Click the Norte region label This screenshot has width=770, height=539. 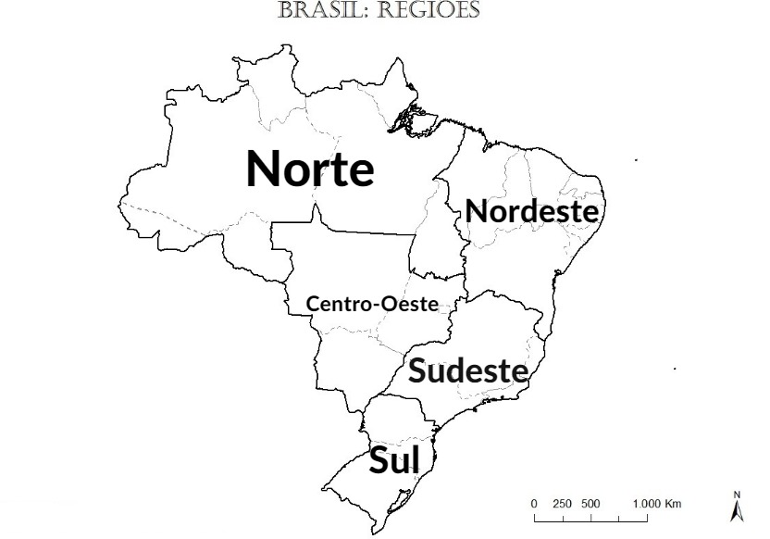[x=310, y=169]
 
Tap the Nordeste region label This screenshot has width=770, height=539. [x=532, y=211]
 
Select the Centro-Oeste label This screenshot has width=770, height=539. [x=372, y=304]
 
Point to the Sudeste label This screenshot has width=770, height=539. [x=468, y=371]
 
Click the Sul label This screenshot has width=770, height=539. [x=394, y=460]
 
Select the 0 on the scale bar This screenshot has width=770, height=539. [x=534, y=504]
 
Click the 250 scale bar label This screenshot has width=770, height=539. [x=562, y=504]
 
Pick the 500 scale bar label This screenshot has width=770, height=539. [x=590, y=504]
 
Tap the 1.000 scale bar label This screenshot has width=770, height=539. [x=645, y=504]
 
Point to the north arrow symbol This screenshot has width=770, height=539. [x=737, y=509]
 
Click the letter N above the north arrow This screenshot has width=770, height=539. [x=737, y=495]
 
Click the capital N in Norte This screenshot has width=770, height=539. [x=264, y=169]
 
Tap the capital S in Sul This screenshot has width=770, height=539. [x=379, y=460]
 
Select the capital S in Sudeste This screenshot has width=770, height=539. [x=417, y=371]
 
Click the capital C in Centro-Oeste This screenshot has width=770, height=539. [x=313, y=304]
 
